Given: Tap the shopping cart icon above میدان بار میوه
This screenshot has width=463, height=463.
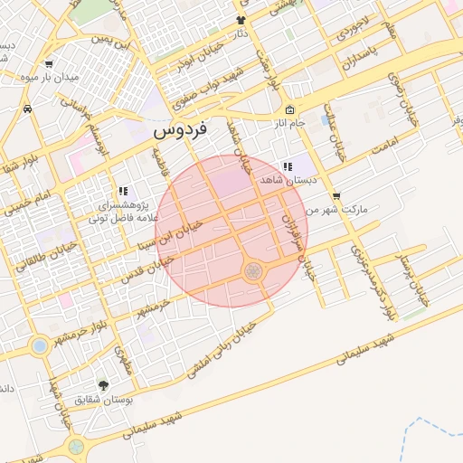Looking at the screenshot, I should point(48,64).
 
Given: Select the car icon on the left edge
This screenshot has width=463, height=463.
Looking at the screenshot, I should point(27,109).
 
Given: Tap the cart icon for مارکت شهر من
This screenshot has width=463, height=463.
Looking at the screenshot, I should point(336,195).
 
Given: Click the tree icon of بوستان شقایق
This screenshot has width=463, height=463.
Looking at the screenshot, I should point(101,384).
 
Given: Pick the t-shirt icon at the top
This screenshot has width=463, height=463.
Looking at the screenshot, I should point(241,20).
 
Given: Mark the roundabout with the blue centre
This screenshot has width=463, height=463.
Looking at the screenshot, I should point(39,345).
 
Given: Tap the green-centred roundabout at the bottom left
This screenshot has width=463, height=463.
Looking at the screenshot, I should point(76,447).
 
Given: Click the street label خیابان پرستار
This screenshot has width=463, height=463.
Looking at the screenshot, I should point(415,274).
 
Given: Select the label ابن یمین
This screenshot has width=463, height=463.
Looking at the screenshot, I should point(110,43).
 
